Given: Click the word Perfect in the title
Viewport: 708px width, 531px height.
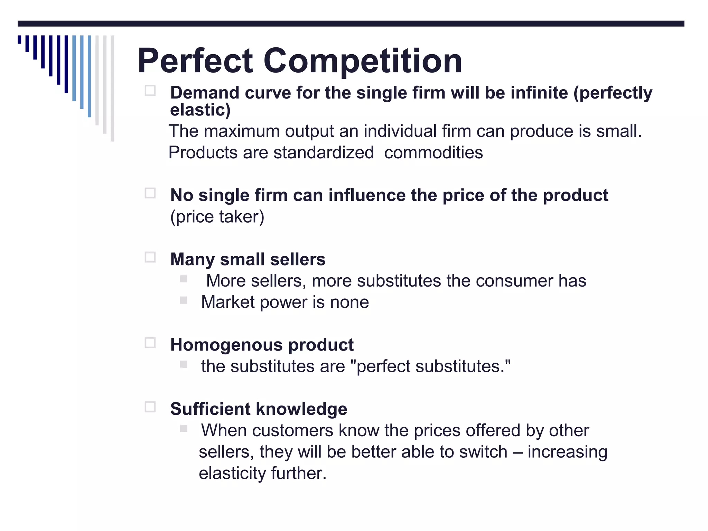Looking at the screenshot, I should (195, 61).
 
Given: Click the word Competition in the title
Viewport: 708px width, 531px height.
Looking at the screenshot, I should (363, 61).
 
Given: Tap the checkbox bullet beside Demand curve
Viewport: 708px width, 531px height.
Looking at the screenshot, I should (150, 91).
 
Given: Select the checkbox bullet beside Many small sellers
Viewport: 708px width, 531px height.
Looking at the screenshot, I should (150, 258).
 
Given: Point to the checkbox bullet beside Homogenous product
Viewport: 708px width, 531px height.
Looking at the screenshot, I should (150, 343).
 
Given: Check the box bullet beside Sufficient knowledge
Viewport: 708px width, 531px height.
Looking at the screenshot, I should (150, 407).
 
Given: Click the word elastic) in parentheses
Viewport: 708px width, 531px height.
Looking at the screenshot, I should (200, 110).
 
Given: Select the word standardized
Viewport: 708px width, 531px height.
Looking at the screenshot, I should (324, 152).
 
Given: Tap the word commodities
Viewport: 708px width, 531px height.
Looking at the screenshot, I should (434, 152).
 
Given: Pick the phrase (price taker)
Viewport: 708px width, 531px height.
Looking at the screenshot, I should (217, 217).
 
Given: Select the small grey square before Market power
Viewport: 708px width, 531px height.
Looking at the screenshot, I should (184, 300).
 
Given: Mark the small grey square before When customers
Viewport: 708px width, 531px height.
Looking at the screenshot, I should (184, 429).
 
